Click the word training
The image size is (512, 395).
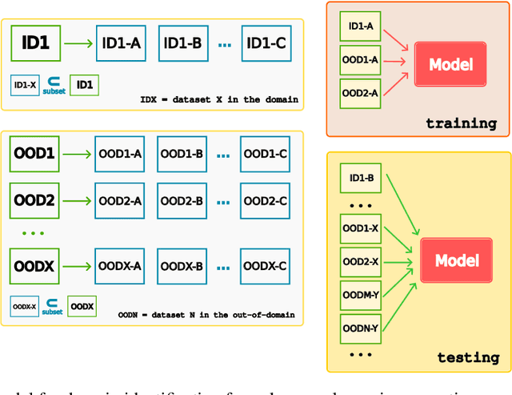point(461,123)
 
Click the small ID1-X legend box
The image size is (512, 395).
point(25,83)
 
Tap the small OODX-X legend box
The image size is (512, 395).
point(25,305)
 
